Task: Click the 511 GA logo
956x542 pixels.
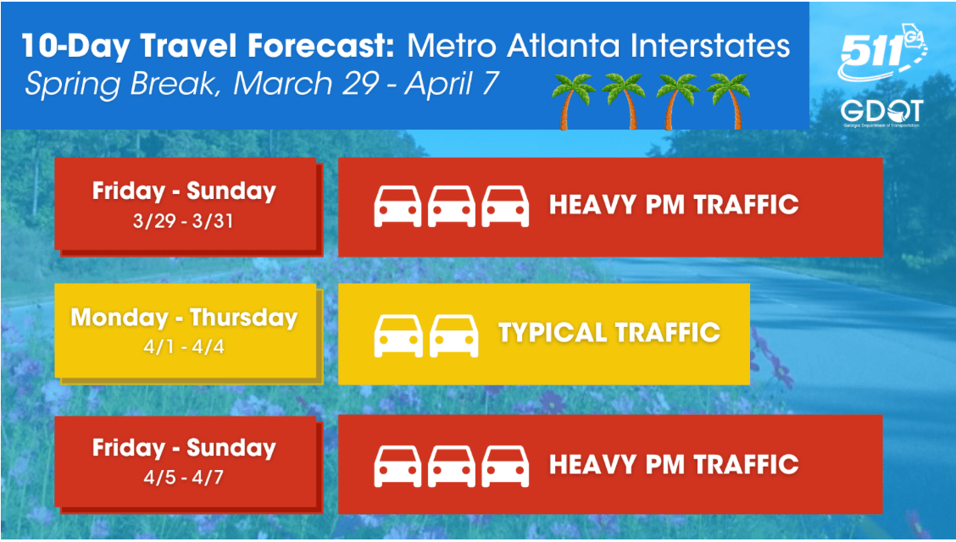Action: point(882,52)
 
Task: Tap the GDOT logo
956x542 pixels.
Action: point(881,113)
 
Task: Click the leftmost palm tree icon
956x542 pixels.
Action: point(573,101)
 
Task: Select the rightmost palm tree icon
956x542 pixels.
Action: point(729,101)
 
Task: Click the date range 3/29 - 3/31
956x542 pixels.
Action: point(184,220)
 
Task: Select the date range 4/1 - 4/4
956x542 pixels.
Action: point(184,346)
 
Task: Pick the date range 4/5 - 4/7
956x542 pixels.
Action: point(184,477)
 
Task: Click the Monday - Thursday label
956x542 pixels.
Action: point(184,318)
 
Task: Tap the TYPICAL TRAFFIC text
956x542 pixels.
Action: point(609,333)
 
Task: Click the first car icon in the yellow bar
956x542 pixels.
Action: point(398,335)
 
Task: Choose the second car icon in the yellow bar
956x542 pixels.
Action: point(453,335)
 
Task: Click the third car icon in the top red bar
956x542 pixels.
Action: point(505,207)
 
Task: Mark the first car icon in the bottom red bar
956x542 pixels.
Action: point(397,467)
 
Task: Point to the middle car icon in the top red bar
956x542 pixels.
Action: point(452,207)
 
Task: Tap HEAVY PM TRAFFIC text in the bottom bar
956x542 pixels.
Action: point(674,464)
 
